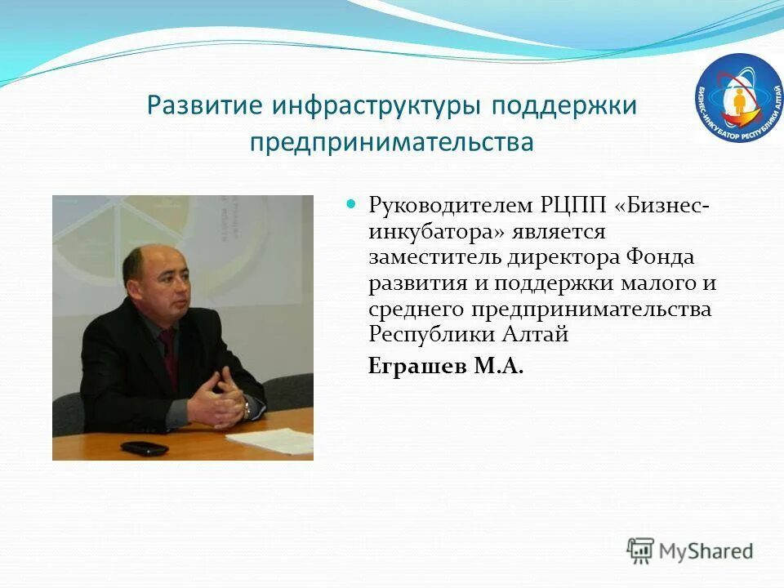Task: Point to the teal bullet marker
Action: [x=353, y=203]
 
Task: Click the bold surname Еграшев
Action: [x=417, y=367]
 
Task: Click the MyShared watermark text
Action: [x=706, y=550]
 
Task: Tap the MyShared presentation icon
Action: [x=641, y=550]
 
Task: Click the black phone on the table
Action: [x=144, y=448]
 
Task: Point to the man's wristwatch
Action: [x=247, y=408]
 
